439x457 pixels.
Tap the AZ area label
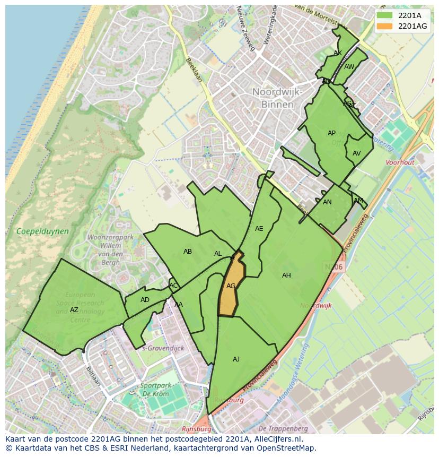click(x=74, y=310)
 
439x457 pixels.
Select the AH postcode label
click(x=286, y=275)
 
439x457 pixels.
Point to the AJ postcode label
click(x=236, y=359)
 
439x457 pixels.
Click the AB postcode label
click(x=188, y=252)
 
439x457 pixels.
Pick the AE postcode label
click(x=259, y=229)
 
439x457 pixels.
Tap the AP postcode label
click(x=331, y=133)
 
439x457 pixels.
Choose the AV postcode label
click(x=356, y=153)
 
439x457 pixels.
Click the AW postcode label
click(x=349, y=67)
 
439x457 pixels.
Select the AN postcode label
click(x=327, y=202)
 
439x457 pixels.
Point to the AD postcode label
click(x=145, y=300)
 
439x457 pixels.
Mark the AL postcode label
click(x=218, y=254)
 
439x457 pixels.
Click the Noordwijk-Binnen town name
click(x=277, y=98)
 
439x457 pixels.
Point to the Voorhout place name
click(x=400, y=162)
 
